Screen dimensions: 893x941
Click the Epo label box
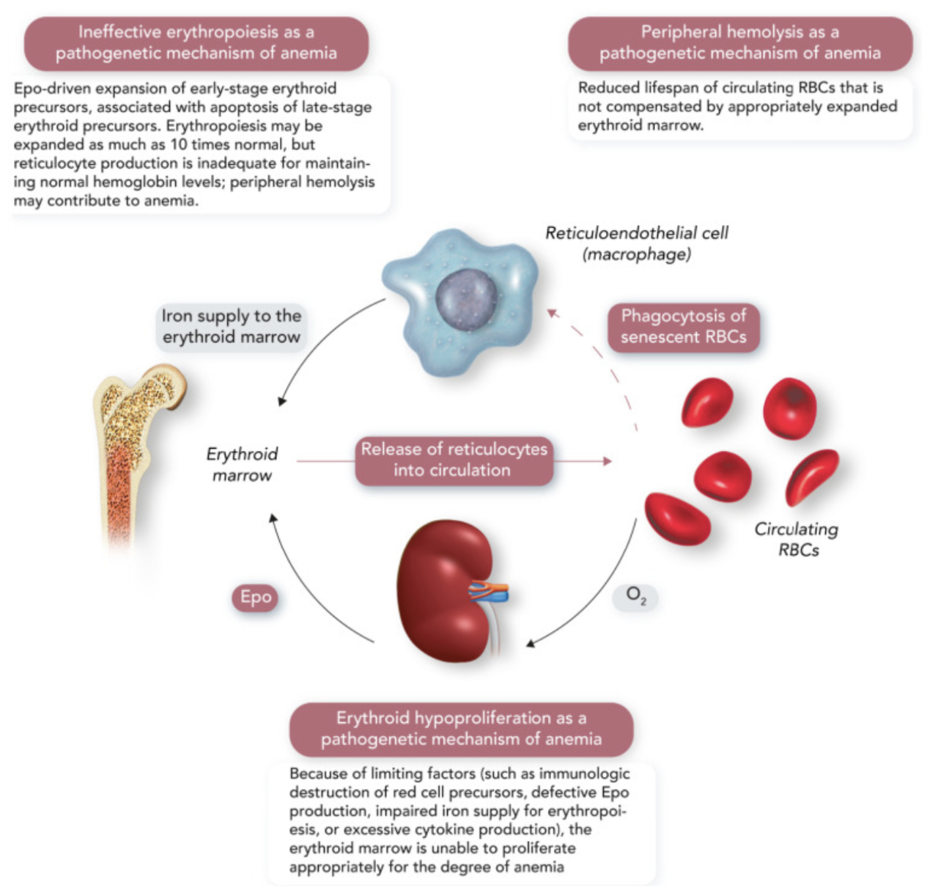pos(256,598)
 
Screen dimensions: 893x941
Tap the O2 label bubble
pos(635,597)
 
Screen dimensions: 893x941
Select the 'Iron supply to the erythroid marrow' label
pos(232,326)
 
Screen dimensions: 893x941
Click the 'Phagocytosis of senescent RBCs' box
pos(683,327)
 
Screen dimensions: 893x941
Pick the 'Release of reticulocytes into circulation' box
pos(454,460)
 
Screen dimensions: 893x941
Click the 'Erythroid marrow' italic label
pos(242,465)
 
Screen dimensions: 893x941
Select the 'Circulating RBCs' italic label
pos(797,540)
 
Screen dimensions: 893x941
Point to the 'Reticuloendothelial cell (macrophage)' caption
pos(636,243)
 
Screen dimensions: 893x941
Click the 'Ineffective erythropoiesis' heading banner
pos(196,43)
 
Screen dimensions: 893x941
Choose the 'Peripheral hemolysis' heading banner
pos(740,43)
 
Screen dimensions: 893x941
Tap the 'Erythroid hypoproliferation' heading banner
pos(461,729)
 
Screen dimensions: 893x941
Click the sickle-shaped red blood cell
pos(811,477)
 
